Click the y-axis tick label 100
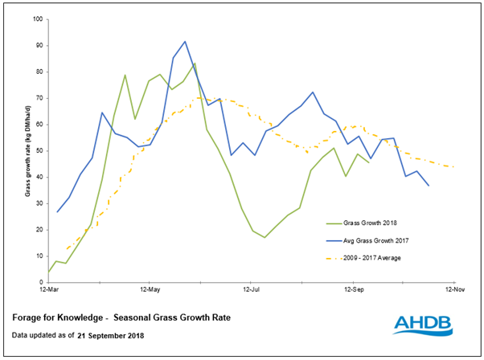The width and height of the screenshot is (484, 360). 36,18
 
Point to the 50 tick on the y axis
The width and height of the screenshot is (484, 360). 38,150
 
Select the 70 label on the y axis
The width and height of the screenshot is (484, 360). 38,98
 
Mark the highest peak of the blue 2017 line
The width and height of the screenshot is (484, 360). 185,41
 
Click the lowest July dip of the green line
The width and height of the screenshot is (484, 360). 265,237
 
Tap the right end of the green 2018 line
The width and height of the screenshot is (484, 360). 370,163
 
